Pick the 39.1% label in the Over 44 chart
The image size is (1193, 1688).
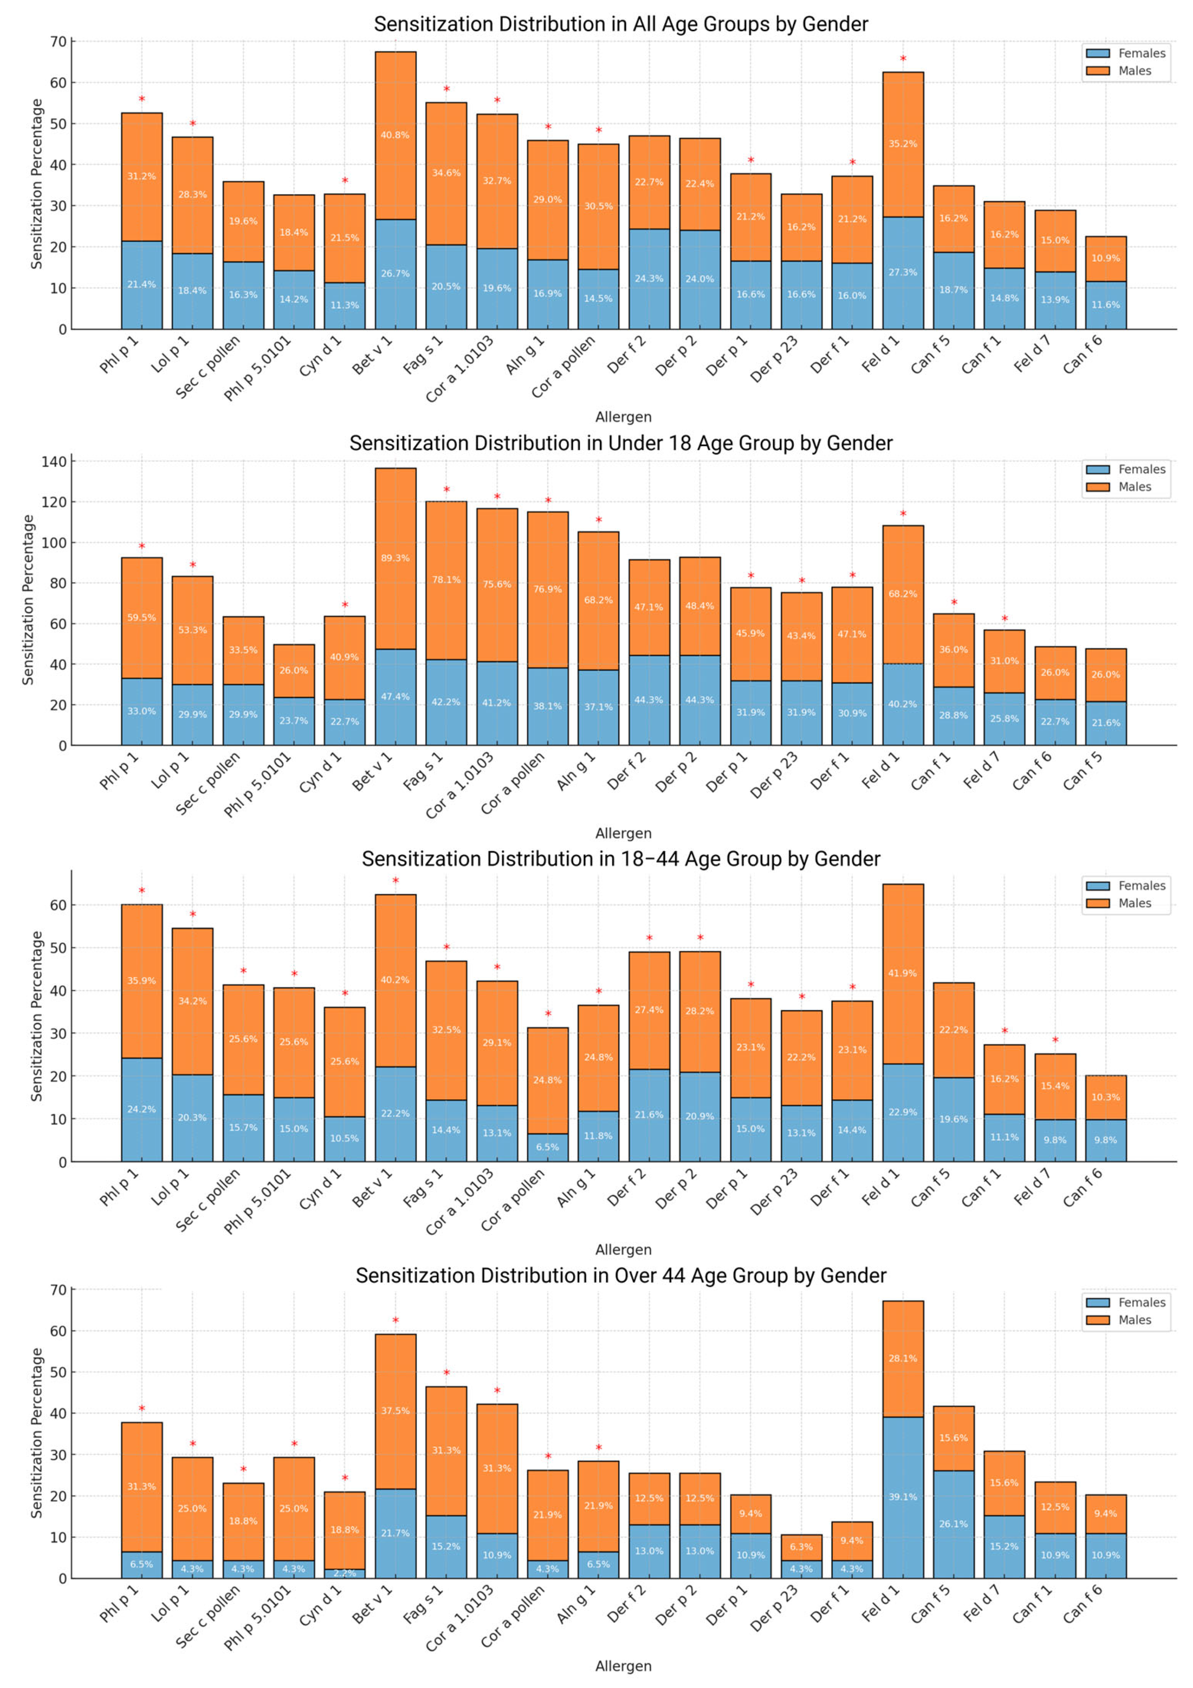click(x=903, y=1497)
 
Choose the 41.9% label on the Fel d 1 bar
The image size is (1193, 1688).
click(x=903, y=973)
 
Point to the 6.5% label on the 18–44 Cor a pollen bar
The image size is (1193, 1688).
click(x=547, y=1147)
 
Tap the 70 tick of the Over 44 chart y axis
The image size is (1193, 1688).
click(x=58, y=1289)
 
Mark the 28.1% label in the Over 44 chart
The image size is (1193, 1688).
click(x=903, y=1359)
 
